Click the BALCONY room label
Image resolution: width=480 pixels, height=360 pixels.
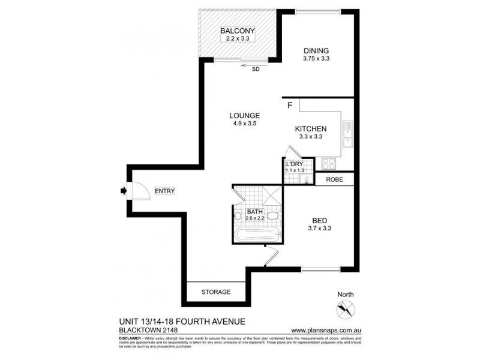pos(238,31)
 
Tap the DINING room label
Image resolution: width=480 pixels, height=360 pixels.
pos(316,50)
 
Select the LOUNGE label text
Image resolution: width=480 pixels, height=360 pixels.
pos(244,116)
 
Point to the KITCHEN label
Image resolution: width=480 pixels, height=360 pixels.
pos(310,129)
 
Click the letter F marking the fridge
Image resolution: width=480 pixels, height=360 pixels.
pos(290,106)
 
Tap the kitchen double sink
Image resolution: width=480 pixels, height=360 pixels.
pos(347,134)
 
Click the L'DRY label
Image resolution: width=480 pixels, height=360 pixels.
pos(295,164)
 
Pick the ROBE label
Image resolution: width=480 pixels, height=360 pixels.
pos(334,179)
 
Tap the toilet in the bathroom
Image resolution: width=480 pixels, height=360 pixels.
pos(273,215)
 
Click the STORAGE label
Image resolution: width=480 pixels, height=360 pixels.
pos(215,292)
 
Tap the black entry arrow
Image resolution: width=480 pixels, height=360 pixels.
pos(123,191)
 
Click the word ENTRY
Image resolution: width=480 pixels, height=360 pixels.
pos(164,191)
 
